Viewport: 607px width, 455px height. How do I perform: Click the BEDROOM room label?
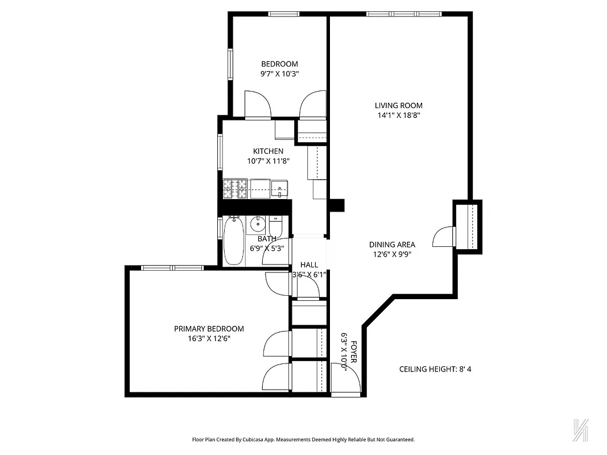279,64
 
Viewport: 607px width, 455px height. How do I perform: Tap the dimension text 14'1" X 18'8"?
398,115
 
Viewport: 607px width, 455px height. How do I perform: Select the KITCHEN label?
268,151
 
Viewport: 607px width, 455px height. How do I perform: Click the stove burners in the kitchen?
234,189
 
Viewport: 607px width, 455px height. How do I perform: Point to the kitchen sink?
280,188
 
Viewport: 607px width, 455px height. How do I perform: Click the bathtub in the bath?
233,242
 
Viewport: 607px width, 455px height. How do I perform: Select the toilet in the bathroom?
276,224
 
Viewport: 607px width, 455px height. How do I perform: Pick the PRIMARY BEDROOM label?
209,329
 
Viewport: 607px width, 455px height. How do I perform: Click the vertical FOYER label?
353,353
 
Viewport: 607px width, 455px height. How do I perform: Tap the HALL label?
309,265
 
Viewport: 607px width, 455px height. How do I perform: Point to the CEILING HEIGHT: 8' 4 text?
435,369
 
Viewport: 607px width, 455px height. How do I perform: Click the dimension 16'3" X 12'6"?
209,338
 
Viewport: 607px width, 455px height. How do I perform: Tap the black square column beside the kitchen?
337,205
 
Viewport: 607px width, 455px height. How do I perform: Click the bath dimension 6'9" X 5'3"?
267,248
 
